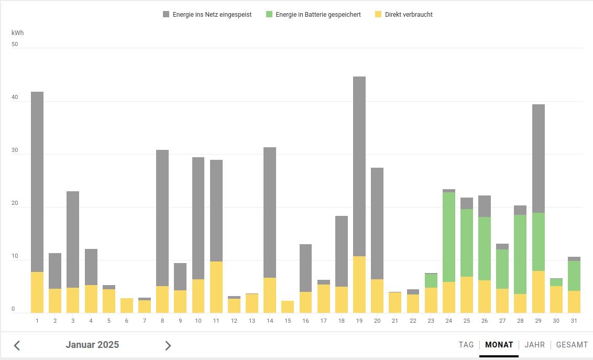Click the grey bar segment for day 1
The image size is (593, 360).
[37, 181]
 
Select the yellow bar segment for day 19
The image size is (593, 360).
[359, 285]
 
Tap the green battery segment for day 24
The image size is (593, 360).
[449, 237]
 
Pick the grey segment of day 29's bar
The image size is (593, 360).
[539, 158]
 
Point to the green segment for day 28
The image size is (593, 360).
[520, 254]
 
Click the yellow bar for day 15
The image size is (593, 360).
[288, 307]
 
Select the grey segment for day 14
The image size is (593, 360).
[270, 212]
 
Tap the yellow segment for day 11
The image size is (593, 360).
[216, 287]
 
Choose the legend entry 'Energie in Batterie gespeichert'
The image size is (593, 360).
[313, 15]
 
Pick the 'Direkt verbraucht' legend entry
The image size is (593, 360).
[404, 15]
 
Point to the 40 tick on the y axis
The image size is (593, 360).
[15, 97]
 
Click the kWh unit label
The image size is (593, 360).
[17, 33]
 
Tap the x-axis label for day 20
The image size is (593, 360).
[377, 321]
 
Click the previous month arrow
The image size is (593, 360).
[17, 345]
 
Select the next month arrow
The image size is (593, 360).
[168, 345]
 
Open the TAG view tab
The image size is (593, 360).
[466, 345]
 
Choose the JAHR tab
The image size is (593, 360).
[534, 345]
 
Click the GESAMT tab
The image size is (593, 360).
[572, 345]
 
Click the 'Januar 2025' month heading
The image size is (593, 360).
[92, 345]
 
